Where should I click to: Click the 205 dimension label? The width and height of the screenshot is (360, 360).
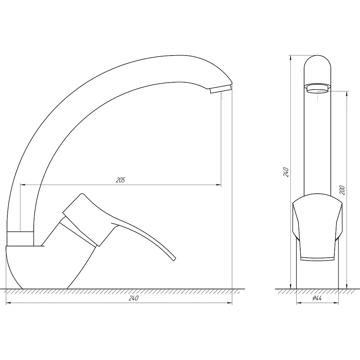click(x=120, y=180)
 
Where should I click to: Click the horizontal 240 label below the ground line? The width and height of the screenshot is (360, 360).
click(x=133, y=298)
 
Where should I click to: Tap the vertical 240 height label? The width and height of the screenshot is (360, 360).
click(x=286, y=172)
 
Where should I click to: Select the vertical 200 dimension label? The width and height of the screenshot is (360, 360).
click(x=342, y=190)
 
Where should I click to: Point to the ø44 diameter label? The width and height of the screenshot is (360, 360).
click(x=317, y=298)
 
